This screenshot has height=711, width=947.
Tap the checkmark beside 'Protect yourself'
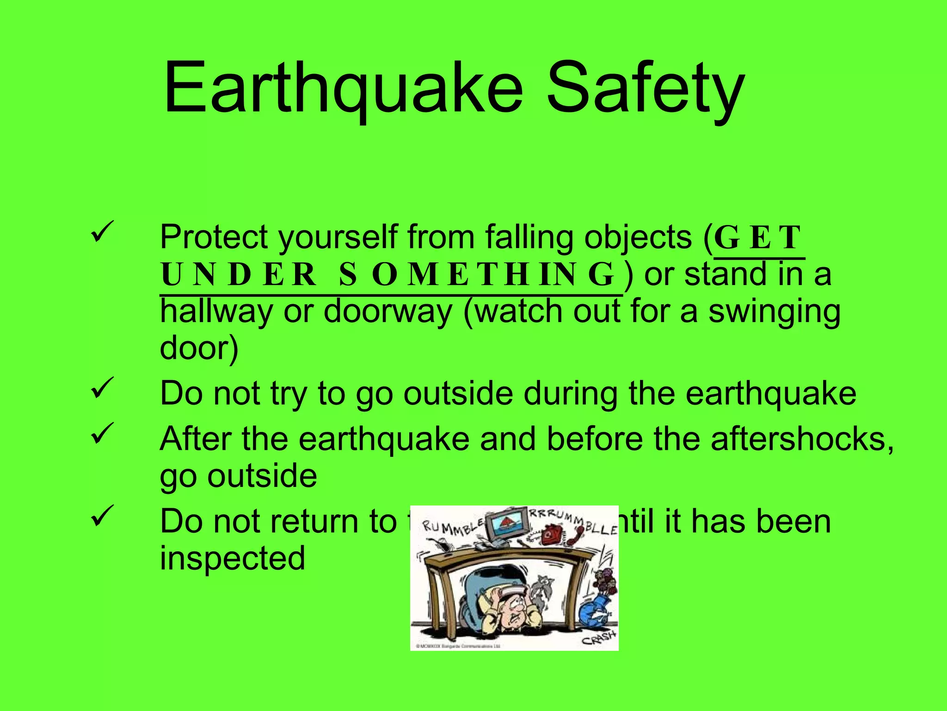102,232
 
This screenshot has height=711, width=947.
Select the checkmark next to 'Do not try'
102,388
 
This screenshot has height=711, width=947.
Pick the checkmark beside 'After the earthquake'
102,433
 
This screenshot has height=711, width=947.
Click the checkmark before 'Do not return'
102,515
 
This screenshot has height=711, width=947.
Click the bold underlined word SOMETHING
476,274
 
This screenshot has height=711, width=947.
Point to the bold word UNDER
239,274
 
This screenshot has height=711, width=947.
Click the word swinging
775,311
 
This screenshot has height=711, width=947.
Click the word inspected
233,558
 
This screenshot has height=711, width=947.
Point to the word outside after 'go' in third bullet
262,476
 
